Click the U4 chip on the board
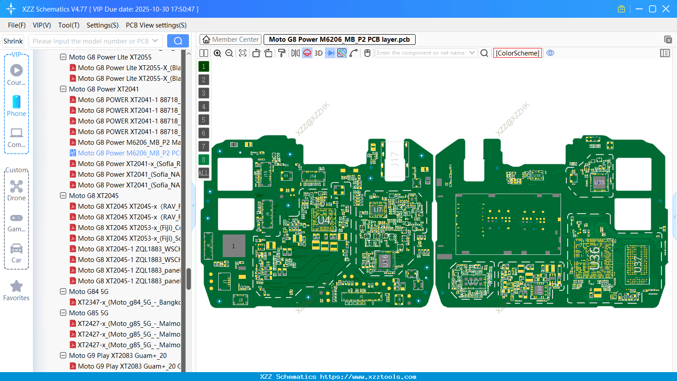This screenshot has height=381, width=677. point(324,220)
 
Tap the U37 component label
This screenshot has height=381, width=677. point(637,264)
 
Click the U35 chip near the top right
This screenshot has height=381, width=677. point(599,183)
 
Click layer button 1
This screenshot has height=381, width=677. point(204,67)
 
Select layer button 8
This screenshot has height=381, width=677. point(204,160)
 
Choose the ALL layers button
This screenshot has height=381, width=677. point(204,173)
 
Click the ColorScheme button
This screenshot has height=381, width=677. point(517,53)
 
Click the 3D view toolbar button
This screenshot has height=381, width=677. point(318,53)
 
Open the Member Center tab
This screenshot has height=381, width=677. point(231,40)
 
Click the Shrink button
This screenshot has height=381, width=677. point(13,41)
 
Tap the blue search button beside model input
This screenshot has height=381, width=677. point(178,41)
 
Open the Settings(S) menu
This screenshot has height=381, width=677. point(102,25)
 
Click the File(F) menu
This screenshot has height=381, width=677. point(17,25)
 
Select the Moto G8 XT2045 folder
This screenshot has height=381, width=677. point(94,196)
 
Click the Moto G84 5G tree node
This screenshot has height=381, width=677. point(88,292)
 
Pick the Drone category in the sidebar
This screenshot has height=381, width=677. point(16,190)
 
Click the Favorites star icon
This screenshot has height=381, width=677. point(16,287)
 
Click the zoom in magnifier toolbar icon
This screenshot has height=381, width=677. point(217,53)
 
